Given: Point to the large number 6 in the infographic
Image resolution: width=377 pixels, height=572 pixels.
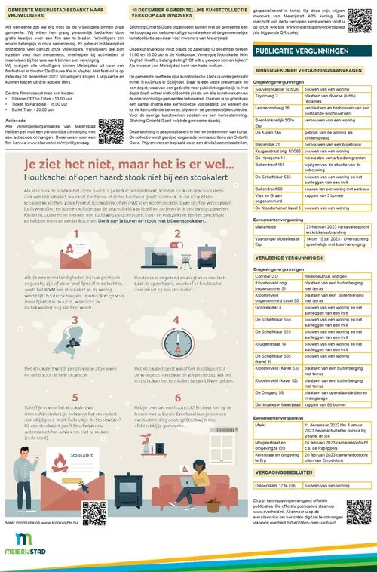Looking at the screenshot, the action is (179, 398).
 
